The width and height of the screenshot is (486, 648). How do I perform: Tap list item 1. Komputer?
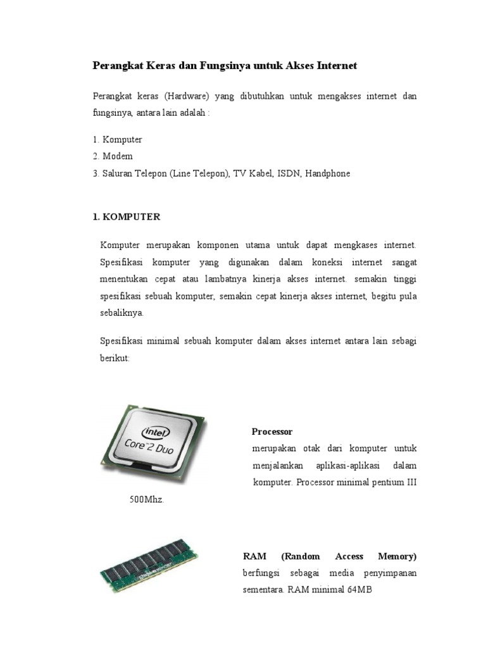pyautogui.click(x=117, y=139)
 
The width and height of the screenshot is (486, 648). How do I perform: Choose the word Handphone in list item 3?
pyautogui.click(x=327, y=173)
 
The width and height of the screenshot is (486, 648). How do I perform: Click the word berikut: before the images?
pyautogui.click(x=115, y=358)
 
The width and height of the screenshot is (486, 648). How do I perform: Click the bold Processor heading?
pyautogui.click(x=272, y=432)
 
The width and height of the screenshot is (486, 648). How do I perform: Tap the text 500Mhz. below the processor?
pyautogui.click(x=146, y=499)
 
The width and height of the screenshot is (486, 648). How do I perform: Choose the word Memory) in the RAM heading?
pyautogui.click(x=397, y=556)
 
